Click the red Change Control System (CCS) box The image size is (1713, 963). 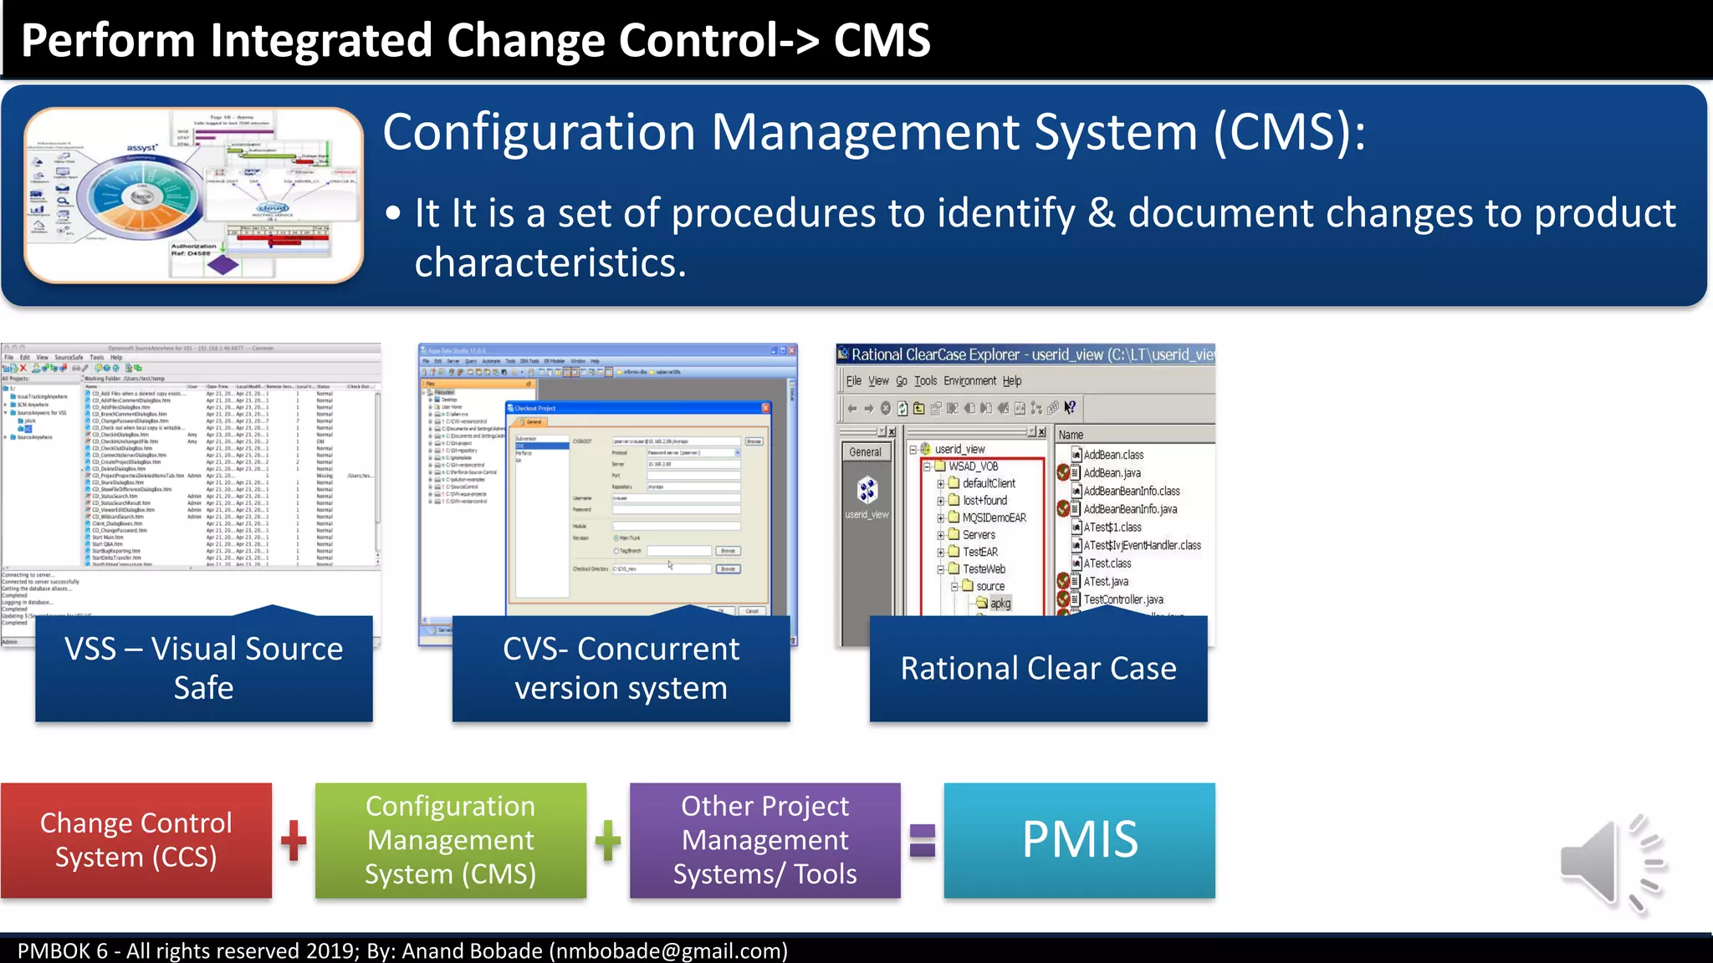[136, 840]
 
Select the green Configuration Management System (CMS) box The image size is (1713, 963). [451, 840]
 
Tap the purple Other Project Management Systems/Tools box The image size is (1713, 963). [764, 840]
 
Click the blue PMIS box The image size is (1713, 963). [1079, 840]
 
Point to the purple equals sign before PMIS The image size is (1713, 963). [923, 840]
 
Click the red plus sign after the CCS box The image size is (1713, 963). [294, 840]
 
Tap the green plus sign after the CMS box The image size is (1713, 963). [608, 840]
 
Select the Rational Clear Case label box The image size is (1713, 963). [1038, 669]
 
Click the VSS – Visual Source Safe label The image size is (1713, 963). [204, 669]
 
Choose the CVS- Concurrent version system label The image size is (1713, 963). [621, 669]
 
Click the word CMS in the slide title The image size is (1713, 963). [882, 40]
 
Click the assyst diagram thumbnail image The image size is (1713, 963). [193, 195]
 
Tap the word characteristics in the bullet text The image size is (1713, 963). [550, 263]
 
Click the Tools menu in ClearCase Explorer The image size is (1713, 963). [925, 381]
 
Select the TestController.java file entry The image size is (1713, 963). [1122, 599]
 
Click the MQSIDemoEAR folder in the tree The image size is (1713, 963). [993, 517]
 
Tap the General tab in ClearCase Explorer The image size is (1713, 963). [865, 452]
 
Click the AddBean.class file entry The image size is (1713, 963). [1112, 455]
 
